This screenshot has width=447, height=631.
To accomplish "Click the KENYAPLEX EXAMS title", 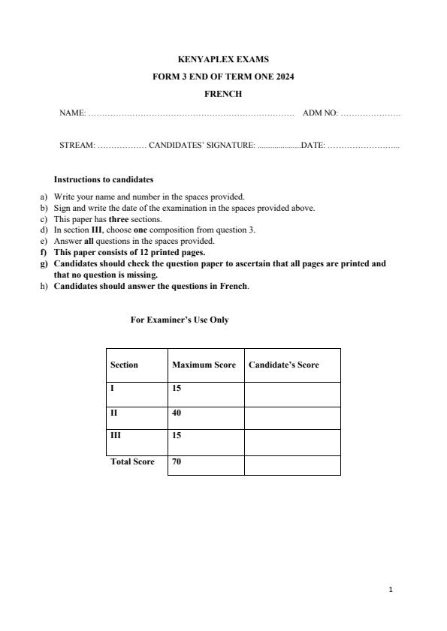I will (x=223, y=59).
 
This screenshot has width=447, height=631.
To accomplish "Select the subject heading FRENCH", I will (x=223, y=94).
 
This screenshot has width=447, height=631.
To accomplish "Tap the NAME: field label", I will (x=72, y=113).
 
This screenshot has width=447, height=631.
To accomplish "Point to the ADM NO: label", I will (x=320, y=113).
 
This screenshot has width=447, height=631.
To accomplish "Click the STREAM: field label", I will (x=77, y=146).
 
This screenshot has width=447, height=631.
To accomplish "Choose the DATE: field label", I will (x=313, y=146).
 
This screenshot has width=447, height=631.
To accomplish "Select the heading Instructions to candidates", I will (x=104, y=179).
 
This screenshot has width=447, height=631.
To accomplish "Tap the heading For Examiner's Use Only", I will (x=180, y=320).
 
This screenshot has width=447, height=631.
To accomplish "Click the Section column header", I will (x=124, y=365).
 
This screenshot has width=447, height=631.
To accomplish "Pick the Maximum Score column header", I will (x=204, y=365).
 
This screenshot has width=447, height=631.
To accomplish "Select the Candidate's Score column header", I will (x=283, y=365).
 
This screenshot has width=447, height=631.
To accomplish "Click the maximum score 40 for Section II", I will (x=177, y=413).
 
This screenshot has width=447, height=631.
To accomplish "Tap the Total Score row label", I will (x=132, y=461).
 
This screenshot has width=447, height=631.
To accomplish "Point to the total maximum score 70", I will (x=177, y=461).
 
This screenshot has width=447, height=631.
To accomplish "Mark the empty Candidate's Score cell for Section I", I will (x=292, y=393).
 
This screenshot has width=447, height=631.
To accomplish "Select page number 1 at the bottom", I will (x=391, y=590).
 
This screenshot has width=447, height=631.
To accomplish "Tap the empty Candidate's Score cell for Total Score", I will (x=292, y=464).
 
